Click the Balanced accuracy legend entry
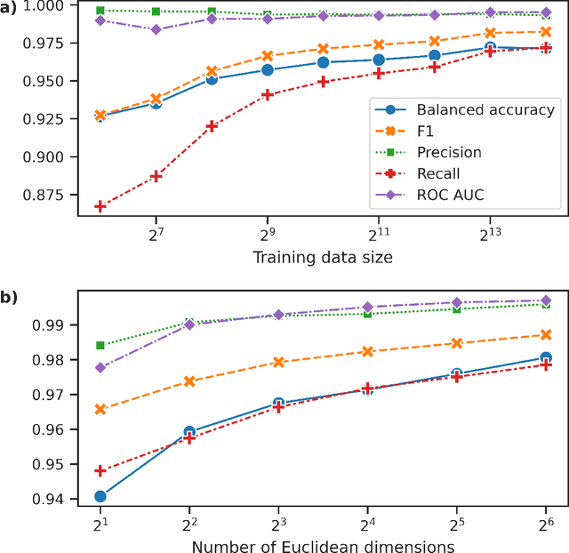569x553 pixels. coord(485,110)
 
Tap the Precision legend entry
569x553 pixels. coord(449,153)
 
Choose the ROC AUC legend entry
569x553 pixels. coord(450,196)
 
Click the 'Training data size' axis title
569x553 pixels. coord(323,259)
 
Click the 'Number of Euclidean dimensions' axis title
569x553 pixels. coord(323,546)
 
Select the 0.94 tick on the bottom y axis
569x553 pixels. coord(57,500)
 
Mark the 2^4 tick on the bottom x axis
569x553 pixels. coord(367,524)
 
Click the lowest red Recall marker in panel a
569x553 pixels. coord(100,206)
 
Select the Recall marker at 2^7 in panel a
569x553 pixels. coord(156,176)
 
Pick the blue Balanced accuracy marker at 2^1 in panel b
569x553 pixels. coord(100,496)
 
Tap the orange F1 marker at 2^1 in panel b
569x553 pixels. coord(100,409)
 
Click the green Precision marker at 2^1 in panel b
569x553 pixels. coord(100,345)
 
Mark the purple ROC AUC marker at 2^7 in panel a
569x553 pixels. coord(156,29)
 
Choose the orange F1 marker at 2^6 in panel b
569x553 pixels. coord(546,335)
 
